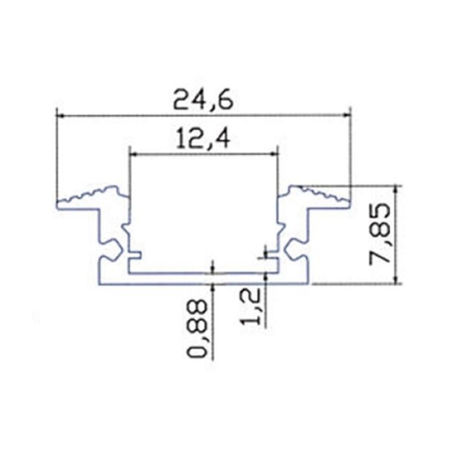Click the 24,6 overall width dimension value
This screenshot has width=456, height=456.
click(202, 100)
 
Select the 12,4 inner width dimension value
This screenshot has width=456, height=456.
click(202, 139)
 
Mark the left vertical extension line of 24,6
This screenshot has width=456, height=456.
click(57, 156)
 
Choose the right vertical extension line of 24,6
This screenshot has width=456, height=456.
click(349, 156)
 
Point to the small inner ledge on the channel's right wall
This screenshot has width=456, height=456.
click(274, 261)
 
